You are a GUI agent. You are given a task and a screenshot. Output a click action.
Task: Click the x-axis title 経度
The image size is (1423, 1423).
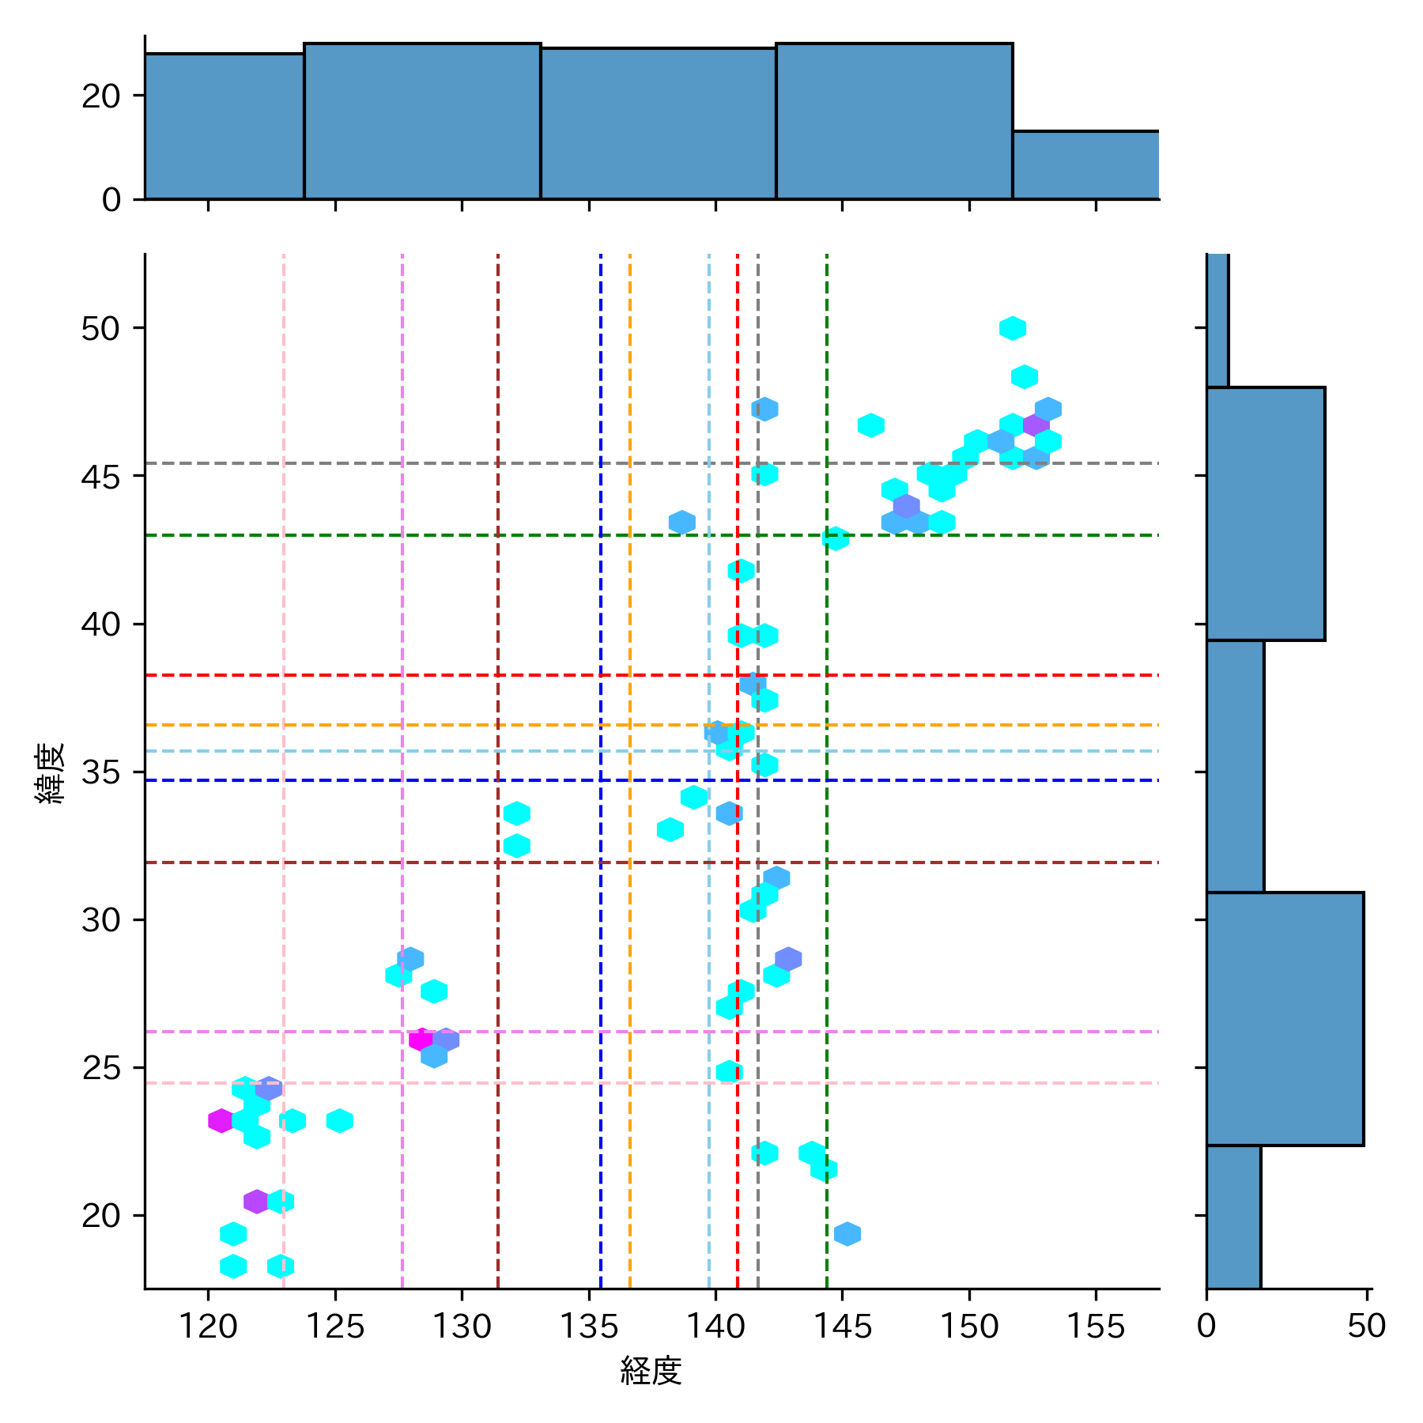651,1371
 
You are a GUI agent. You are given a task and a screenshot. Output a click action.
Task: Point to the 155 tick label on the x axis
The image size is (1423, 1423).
1096,1327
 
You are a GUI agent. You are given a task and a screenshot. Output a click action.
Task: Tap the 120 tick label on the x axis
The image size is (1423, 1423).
208,1327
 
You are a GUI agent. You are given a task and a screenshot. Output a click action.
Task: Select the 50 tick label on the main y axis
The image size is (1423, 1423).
100,328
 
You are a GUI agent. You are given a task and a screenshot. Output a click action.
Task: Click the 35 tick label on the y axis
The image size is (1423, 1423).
100,772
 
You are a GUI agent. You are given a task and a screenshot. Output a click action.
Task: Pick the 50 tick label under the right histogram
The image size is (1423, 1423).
1367,1327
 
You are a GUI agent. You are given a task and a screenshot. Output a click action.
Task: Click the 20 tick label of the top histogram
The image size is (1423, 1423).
100,96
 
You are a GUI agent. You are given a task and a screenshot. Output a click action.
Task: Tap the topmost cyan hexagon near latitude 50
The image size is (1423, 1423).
1013,328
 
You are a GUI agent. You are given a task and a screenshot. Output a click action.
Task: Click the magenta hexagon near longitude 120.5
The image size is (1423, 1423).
221,1120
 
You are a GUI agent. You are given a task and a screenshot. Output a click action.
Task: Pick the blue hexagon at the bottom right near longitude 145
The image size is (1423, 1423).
847,1233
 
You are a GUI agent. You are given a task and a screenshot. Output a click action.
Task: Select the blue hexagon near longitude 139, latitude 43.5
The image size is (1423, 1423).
681,522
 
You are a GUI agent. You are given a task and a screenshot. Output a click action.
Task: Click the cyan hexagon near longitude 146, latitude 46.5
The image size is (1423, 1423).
870,425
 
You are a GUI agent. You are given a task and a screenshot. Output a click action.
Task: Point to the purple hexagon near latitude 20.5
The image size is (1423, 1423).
256,1202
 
